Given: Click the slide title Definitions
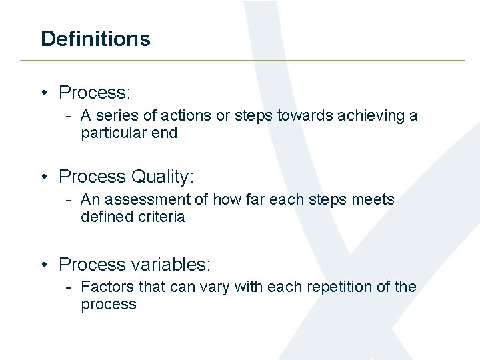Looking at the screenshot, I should tap(95, 39).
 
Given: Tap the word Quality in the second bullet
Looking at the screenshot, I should tap(162, 177).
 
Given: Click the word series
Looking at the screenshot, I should tap(113, 116).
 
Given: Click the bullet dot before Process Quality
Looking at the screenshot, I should tap(44, 177).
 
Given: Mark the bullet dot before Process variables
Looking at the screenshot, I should tap(44, 265).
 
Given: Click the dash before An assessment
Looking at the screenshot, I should tap(69, 200).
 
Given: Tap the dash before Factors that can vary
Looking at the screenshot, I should tap(69, 287).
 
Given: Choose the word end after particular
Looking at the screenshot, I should tap(165, 133).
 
